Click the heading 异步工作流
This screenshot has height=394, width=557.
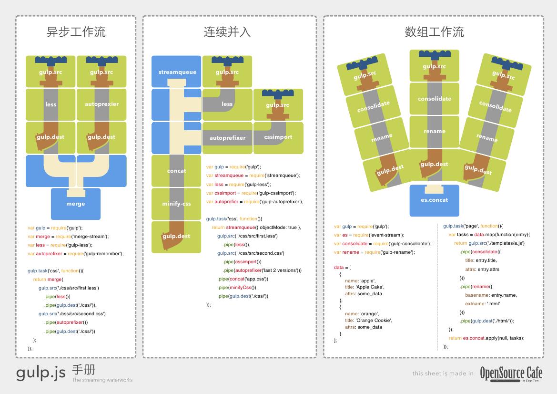pos(76,32)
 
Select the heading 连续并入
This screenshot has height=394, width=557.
pos(227,32)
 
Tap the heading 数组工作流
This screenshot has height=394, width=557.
pos(434,32)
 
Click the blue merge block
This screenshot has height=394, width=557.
pos(76,204)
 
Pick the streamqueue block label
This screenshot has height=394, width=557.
pos(177,72)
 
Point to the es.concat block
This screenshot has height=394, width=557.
pos(434,200)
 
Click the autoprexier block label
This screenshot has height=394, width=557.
pos(101,104)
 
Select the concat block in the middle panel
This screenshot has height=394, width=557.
pos(176,170)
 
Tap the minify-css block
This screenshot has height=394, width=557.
pos(176,204)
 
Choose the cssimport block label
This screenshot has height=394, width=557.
pos(278,137)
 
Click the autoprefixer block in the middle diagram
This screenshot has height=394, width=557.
pos(227,138)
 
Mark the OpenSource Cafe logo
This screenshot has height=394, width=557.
pos(511,373)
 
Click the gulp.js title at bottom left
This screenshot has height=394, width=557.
pos(41,373)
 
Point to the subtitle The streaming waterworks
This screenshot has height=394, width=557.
pos(102,380)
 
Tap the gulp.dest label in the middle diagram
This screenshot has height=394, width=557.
pos(176,236)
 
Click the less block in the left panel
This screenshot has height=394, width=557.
pos(51,104)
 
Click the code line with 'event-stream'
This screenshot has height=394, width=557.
pos(369,235)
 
